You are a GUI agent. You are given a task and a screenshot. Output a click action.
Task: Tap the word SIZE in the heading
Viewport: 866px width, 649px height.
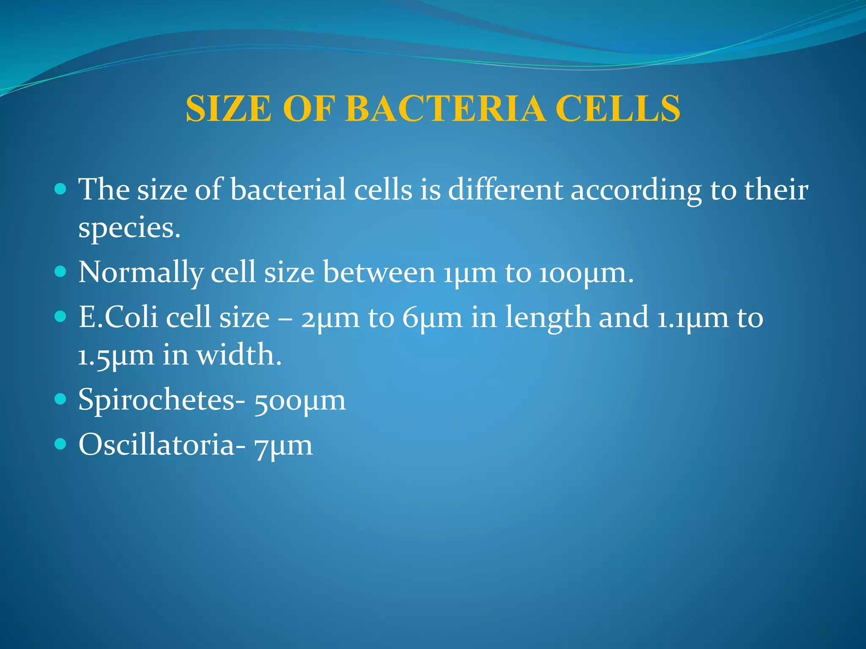coord(229,109)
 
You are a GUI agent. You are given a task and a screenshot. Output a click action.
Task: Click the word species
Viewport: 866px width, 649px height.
coord(129,228)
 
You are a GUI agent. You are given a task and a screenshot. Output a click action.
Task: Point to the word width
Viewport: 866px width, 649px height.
coord(239,355)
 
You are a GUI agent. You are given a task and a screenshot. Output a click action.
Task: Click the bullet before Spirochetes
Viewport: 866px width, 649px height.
coord(61,399)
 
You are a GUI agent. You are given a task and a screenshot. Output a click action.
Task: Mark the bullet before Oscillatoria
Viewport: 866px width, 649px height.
coord(61,444)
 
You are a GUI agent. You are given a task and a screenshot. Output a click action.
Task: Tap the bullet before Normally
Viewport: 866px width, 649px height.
coord(61,271)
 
